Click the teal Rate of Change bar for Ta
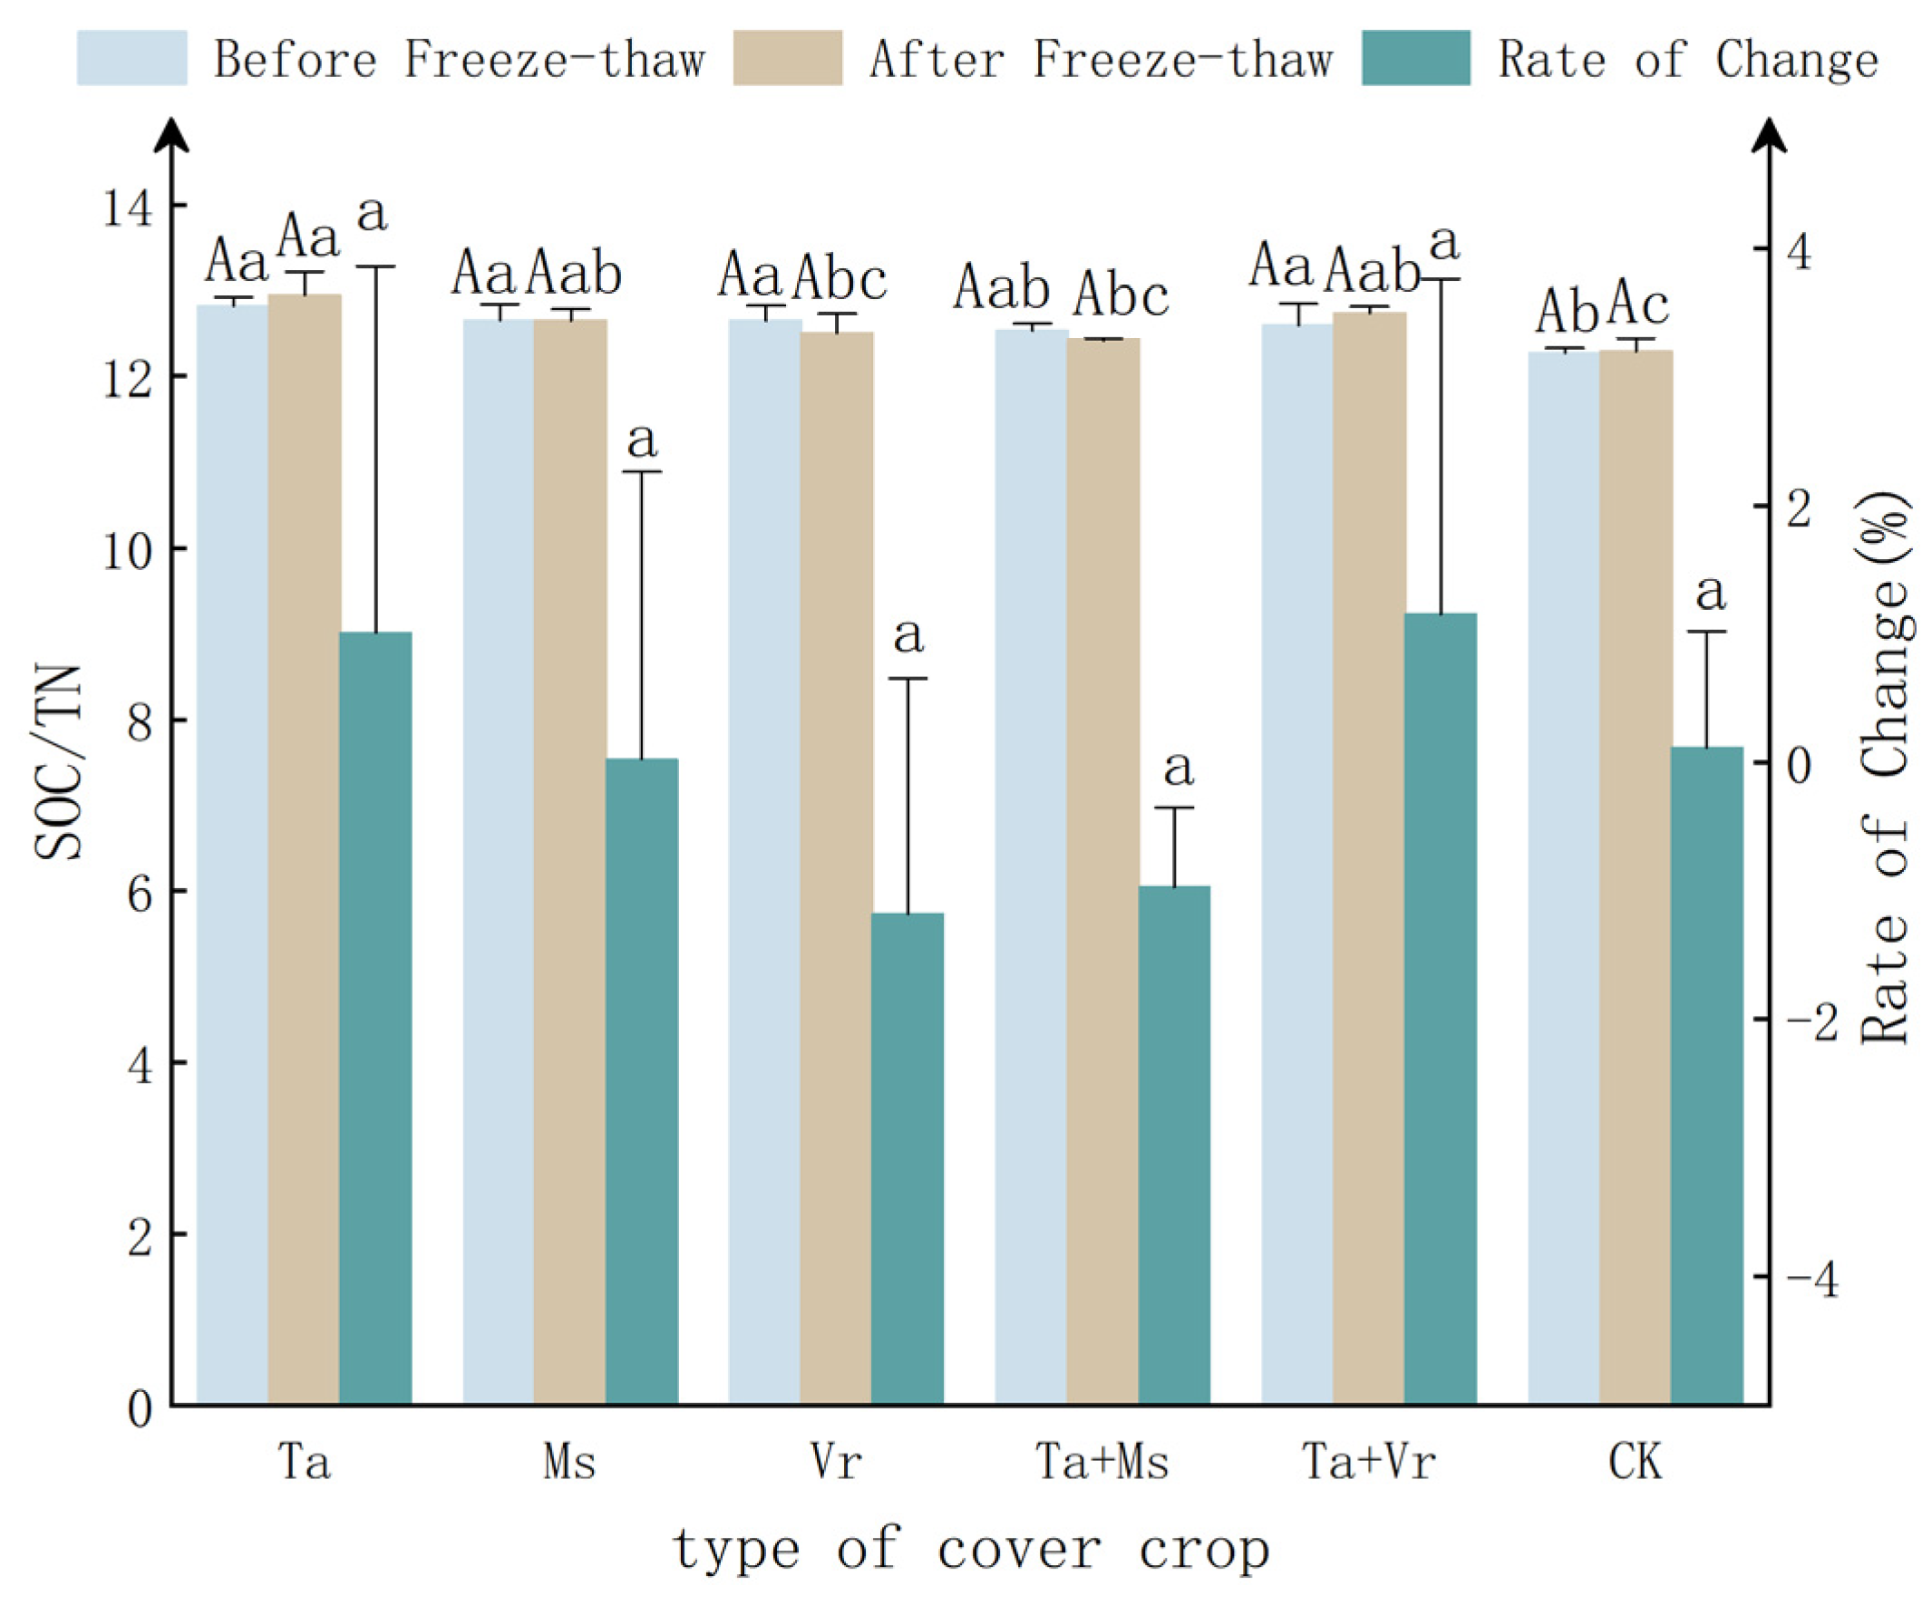coord(375,1016)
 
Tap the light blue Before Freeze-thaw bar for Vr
coord(763,860)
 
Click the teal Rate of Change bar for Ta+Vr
coord(1440,1007)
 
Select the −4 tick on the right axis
coord(1811,1280)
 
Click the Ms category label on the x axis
coord(569,1462)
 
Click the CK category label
coord(1635,1462)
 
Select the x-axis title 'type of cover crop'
coord(972,1551)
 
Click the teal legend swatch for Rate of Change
coord(1415,58)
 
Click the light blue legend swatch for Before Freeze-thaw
coord(131,58)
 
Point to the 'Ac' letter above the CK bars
coord(1637,305)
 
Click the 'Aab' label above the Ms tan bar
coord(574,273)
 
